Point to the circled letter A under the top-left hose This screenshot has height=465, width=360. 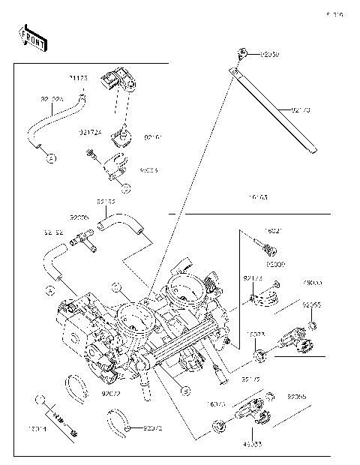(x=50, y=158)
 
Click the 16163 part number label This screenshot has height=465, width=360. (x=256, y=198)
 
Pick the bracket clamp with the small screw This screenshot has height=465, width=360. (x=111, y=165)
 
